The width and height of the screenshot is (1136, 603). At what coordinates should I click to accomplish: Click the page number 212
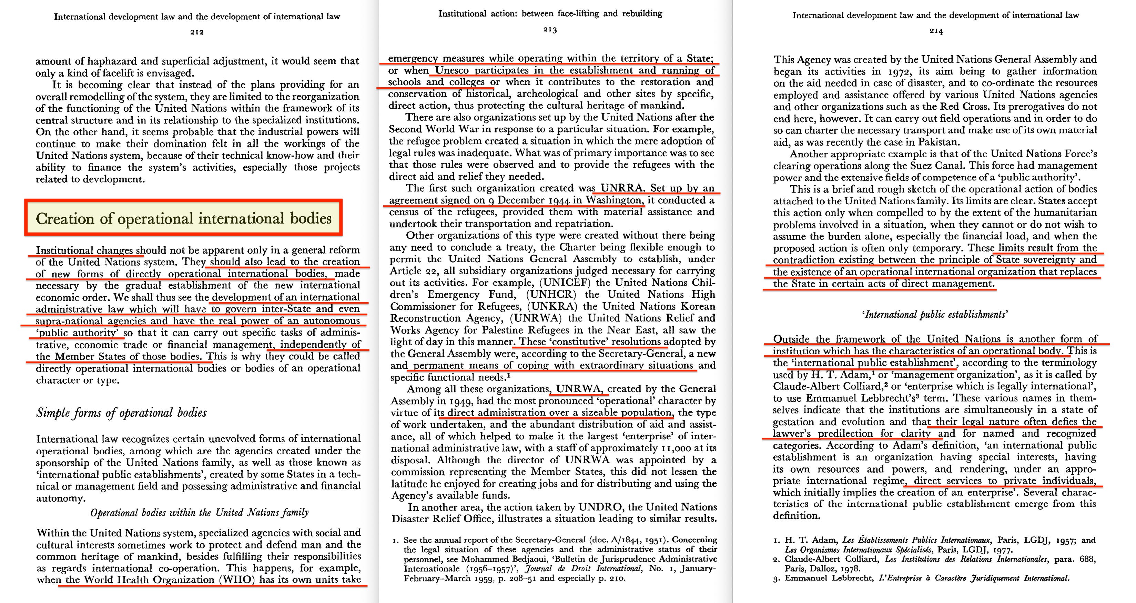point(197,32)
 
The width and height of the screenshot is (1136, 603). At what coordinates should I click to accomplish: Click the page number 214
point(936,31)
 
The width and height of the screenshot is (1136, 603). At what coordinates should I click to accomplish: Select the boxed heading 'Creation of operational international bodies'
point(183,218)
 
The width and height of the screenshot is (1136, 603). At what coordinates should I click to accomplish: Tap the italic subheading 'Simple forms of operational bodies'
point(122,413)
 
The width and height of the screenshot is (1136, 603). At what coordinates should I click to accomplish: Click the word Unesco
point(454,70)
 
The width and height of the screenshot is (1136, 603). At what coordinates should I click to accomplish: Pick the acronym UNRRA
point(622,188)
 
